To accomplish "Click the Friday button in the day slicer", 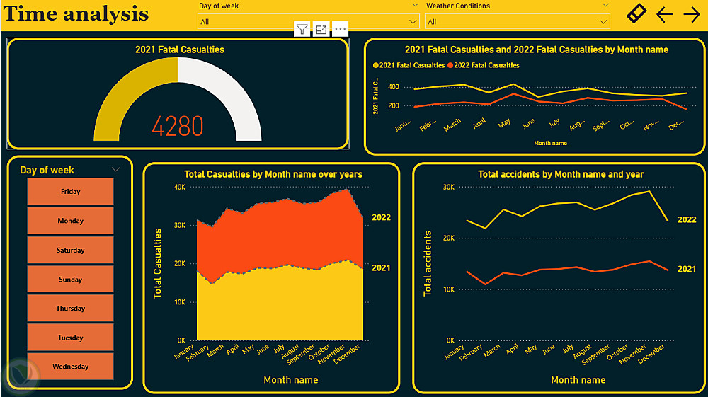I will coord(70,192).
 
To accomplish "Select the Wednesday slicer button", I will coord(70,367).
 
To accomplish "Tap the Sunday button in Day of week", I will coord(70,280).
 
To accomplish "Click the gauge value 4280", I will coord(178,126).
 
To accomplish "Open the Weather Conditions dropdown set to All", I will coord(517,22).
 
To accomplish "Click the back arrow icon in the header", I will coord(664,14).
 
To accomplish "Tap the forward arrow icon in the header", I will coord(691,14).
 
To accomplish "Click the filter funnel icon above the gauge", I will coord(302,29).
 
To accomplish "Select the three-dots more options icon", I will coord(341,29).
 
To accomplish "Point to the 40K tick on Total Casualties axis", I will coord(179,188).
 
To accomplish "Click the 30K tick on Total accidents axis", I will coord(447,187).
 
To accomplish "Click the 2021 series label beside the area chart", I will coord(381,268).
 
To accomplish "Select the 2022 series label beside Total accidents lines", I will coord(686,220).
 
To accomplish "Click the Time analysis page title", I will coord(76,14).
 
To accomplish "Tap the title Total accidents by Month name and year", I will coord(561,174).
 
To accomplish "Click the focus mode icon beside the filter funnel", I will coord(321,29).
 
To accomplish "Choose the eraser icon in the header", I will coord(636,13).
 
